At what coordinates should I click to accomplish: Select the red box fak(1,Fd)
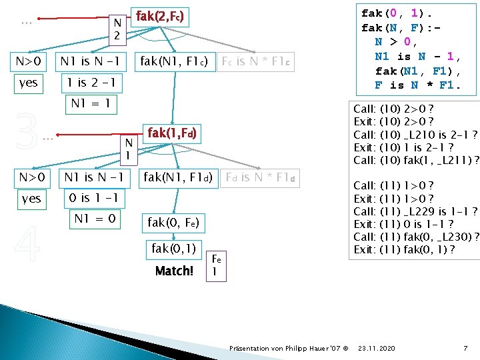click(171, 133)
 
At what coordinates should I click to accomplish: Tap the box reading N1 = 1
click(91, 105)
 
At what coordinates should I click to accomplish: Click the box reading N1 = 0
click(95, 219)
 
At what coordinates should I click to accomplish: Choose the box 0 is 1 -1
click(93, 199)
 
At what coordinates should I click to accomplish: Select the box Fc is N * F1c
click(257, 63)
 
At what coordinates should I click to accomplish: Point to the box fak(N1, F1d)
click(178, 178)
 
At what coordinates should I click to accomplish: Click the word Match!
click(174, 271)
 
